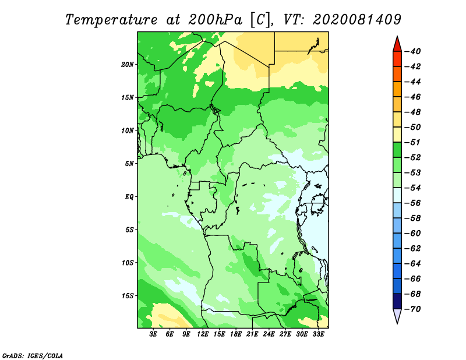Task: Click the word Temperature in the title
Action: point(111,20)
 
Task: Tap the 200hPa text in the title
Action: point(215,20)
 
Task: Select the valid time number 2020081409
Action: point(357,20)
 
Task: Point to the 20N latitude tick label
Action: point(128,65)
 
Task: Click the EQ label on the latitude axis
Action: point(129,197)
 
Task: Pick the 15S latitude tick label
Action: point(128,296)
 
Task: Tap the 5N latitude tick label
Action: point(129,164)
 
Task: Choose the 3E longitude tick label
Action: point(153,334)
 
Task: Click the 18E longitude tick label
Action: point(236,334)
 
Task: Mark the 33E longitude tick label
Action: point(318,334)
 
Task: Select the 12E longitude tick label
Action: point(203,334)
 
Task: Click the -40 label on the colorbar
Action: point(413,51)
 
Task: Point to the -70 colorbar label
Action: point(413,309)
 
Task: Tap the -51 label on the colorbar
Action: point(413,142)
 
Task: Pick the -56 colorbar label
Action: point(413,203)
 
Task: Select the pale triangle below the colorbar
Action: point(397,315)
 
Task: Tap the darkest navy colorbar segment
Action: point(397,301)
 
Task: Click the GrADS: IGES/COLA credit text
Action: point(33,356)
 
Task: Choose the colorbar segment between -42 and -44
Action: point(397,74)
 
